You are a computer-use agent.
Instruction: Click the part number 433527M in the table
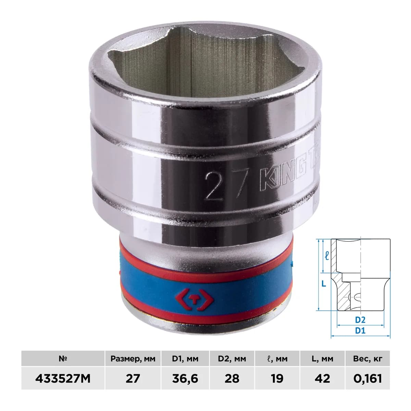[63, 378]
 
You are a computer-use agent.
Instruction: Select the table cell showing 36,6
[185, 378]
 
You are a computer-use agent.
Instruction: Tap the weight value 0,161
[368, 378]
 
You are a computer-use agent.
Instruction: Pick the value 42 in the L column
[322, 378]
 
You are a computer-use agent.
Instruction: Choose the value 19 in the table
[277, 378]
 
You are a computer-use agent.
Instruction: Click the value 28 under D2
[232, 378]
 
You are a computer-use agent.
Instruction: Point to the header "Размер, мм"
[133, 359]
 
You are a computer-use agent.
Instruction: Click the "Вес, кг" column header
[368, 359]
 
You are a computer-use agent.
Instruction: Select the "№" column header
[63, 359]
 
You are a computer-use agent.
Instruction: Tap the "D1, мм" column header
[185, 359]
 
